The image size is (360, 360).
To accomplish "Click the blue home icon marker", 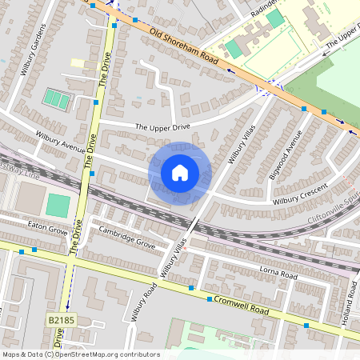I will coord(180,173).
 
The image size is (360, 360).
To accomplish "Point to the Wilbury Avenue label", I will coord(59,142).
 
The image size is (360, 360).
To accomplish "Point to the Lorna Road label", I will coord(278,274).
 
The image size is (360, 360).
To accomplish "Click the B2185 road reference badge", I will coord(57,320).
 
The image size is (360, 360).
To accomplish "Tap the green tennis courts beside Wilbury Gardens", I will coord(56,99).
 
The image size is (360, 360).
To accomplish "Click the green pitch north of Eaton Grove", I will coord(58,205).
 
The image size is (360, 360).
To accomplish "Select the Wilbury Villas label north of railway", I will coord(240,143).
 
